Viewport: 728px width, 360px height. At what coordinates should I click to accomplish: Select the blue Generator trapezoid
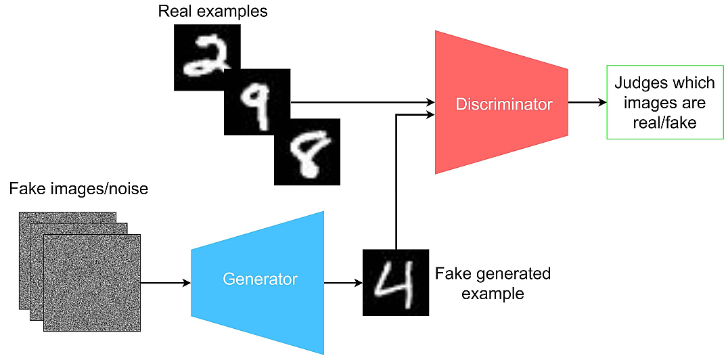pyautogui.click(x=260, y=281)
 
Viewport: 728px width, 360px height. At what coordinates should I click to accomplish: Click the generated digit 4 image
pyautogui.click(x=396, y=282)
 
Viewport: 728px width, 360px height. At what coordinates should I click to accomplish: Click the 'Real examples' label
pyautogui.click(x=212, y=12)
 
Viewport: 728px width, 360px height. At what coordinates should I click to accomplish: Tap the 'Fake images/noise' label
pyautogui.click(x=78, y=189)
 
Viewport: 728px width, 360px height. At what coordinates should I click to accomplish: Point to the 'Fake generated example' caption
pyautogui.click(x=492, y=284)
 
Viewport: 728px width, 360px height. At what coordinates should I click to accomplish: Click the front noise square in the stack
pyautogui.click(x=92, y=283)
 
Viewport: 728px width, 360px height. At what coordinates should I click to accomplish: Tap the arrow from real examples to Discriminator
pyautogui.click(x=362, y=103)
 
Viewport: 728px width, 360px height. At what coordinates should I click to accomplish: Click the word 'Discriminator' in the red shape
pyautogui.click(x=503, y=104)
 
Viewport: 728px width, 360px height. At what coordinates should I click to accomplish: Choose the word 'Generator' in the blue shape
pyautogui.click(x=260, y=279)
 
